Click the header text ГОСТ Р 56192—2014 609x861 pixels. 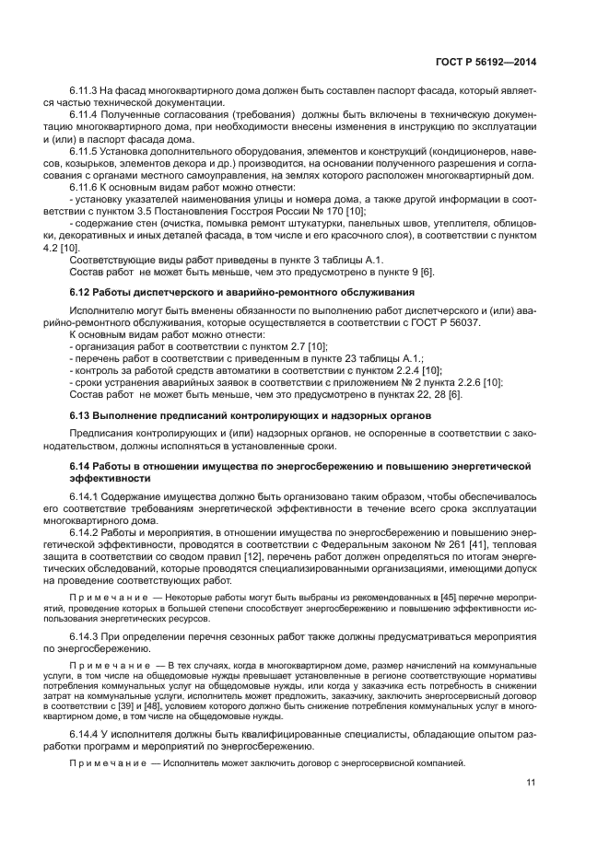click(485, 62)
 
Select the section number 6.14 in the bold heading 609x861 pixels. click(82, 468)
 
